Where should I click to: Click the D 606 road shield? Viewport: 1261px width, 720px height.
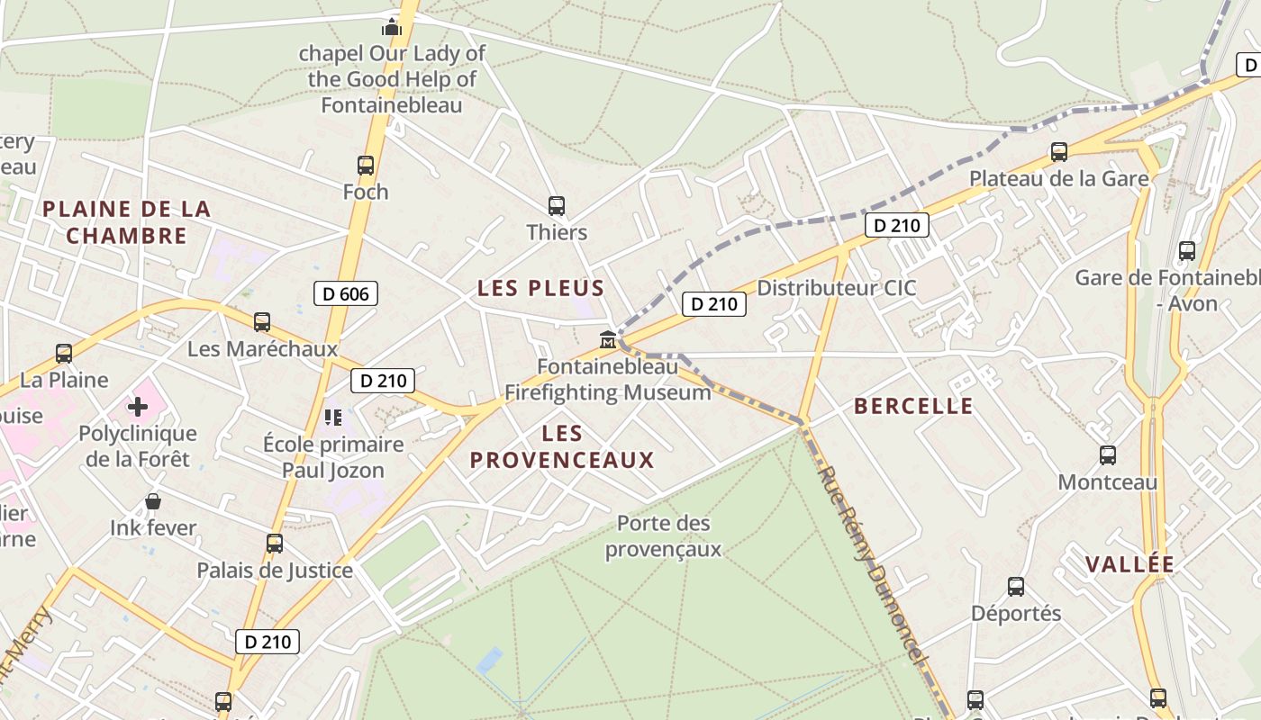(346, 293)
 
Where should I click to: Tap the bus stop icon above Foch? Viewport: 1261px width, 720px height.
(366, 166)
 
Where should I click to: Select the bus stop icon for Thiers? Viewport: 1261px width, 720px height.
(557, 206)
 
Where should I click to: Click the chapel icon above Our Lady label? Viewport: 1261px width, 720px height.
(392, 26)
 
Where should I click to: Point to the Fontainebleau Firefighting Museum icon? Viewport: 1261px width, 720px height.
(608, 340)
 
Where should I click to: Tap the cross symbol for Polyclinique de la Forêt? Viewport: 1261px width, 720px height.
(138, 407)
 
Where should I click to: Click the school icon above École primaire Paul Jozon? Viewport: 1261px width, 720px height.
(333, 417)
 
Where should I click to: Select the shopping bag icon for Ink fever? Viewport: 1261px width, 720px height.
(153, 501)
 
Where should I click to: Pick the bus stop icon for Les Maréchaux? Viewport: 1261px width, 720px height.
(262, 322)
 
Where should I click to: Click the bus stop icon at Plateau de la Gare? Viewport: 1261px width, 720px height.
(1059, 152)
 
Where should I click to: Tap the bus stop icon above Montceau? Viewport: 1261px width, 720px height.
(1108, 455)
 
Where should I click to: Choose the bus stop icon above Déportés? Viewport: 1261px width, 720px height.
(1016, 587)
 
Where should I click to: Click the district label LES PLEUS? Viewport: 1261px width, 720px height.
(540, 289)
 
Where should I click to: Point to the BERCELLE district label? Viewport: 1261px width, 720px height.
(913, 406)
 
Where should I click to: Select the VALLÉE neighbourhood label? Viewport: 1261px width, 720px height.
(1129, 565)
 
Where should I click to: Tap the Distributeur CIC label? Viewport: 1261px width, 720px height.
(836, 288)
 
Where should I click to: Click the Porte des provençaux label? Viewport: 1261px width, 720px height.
(664, 535)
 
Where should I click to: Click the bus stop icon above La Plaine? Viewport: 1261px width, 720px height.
(64, 354)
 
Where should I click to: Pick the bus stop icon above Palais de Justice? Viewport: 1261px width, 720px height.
(275, 544)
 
